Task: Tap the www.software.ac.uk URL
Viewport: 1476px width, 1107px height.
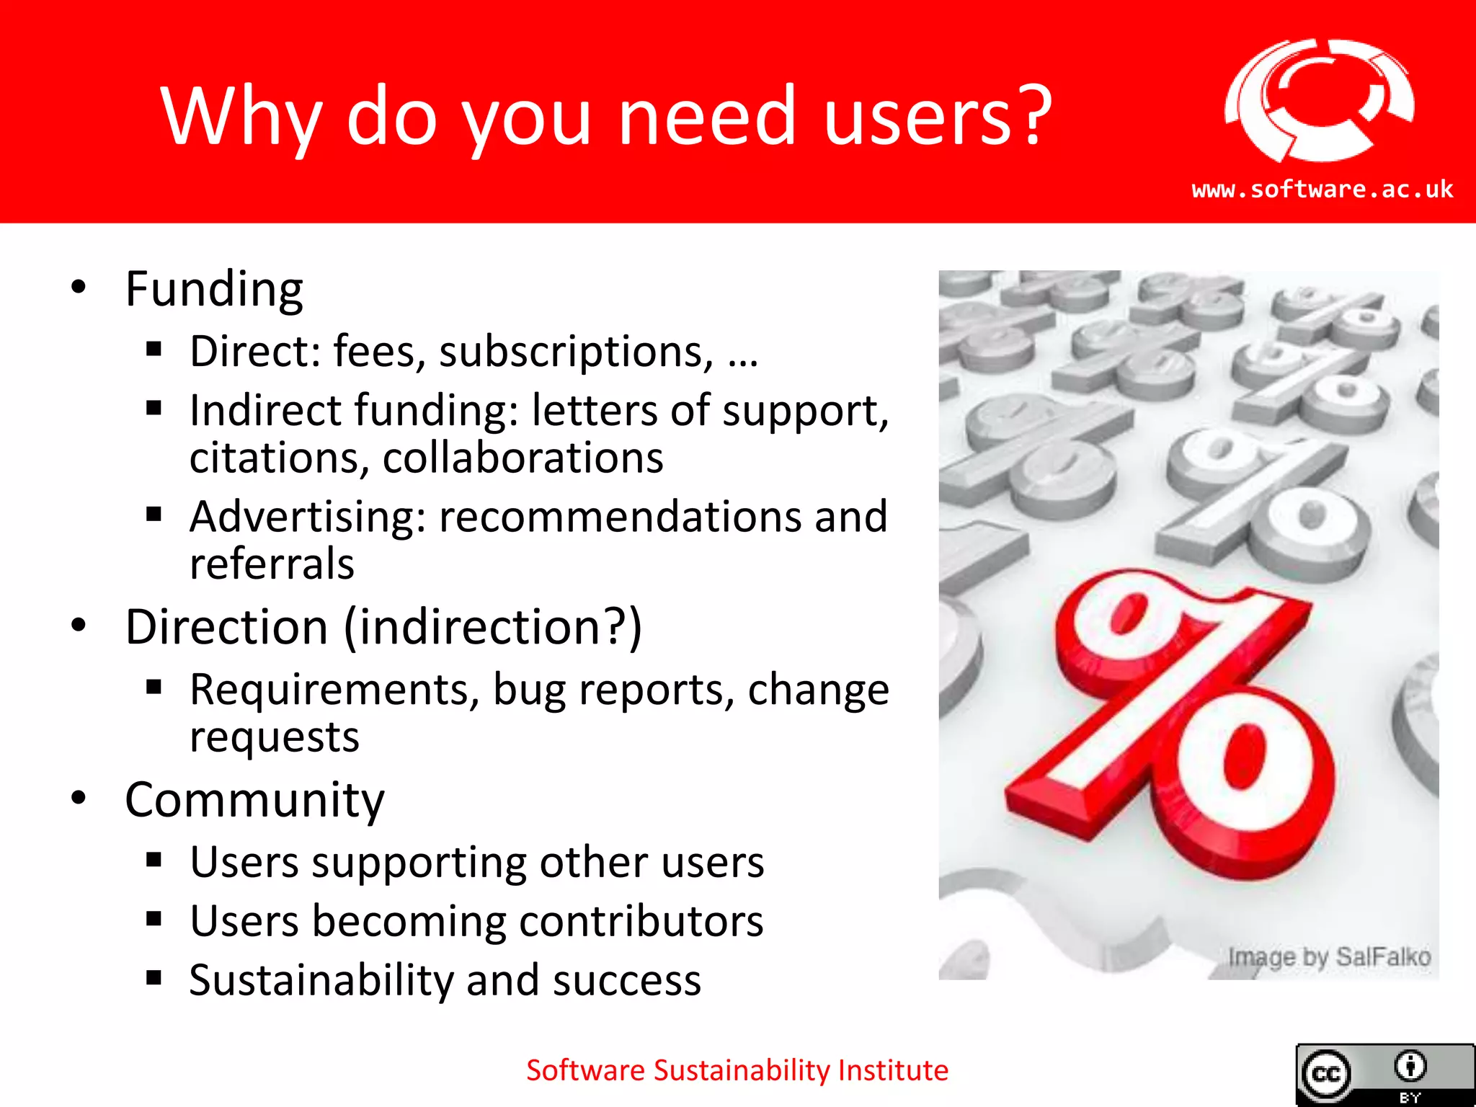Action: (1322, 190)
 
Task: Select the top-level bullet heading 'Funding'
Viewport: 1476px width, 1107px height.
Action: (214, 290)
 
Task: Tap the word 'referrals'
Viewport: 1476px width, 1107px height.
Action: (272, 564)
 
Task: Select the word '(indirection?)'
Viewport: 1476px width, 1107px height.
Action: (493, 626)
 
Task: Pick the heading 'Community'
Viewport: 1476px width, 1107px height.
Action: (254, 800)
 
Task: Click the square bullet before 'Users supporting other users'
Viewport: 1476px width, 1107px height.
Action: (154, 860)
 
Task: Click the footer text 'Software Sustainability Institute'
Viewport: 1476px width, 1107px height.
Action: (737, 1070)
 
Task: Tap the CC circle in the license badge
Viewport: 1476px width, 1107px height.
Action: (1326, 1075)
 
